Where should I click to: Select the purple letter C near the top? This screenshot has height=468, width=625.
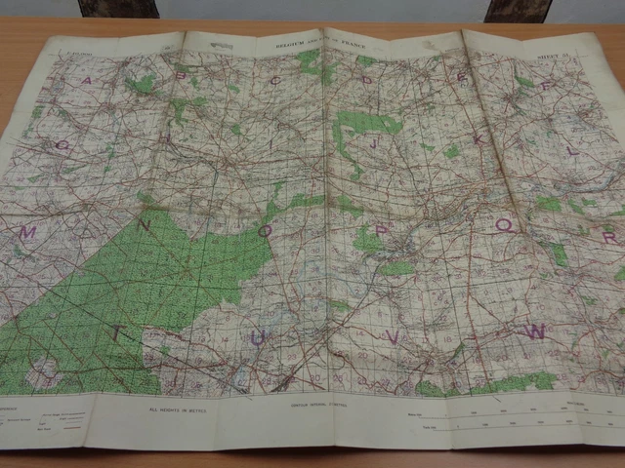[276, 79]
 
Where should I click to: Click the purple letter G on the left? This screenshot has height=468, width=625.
[62, 145]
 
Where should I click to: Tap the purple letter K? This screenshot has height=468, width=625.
[479, 139]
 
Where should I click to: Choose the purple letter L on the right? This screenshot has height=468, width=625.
[572, 151]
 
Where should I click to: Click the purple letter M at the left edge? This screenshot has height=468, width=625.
[28, 233]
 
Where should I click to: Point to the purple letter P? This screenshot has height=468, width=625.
[382, 230]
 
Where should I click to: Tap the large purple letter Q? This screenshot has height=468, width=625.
[505, 226]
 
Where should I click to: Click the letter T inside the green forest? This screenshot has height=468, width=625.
[119, 333]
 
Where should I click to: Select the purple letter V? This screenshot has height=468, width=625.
[393, 336]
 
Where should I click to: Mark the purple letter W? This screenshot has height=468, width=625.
[534, 331]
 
